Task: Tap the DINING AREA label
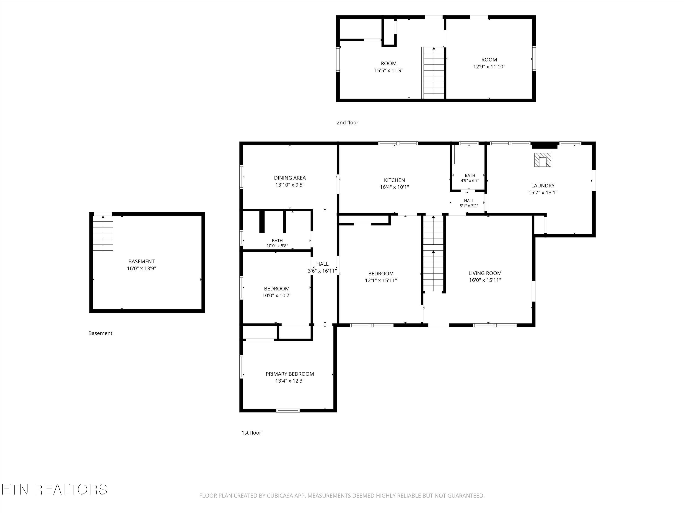pyautogui.click(x=290, y=178)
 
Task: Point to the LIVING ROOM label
pyautogui.click(x=485, y=273)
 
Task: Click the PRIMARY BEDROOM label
pyautogui.click(x=290, y=374)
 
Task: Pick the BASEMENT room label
pyautogui.click(x=141, y=261)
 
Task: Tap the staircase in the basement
pyautogui.click(x=103, y=233)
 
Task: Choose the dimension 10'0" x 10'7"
pyautogui.click(x=277, y=295)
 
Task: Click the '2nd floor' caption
pyautogui.click(x=347, y=122)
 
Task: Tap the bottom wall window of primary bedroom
pyautogui.click(x=288, y=410)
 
